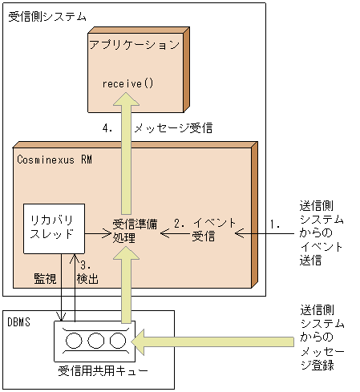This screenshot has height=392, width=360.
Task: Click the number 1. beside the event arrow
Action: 274,224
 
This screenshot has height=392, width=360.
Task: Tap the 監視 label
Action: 45,277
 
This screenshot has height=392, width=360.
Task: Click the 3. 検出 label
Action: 87,273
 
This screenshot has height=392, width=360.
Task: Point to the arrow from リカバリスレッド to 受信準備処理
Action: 97,234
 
